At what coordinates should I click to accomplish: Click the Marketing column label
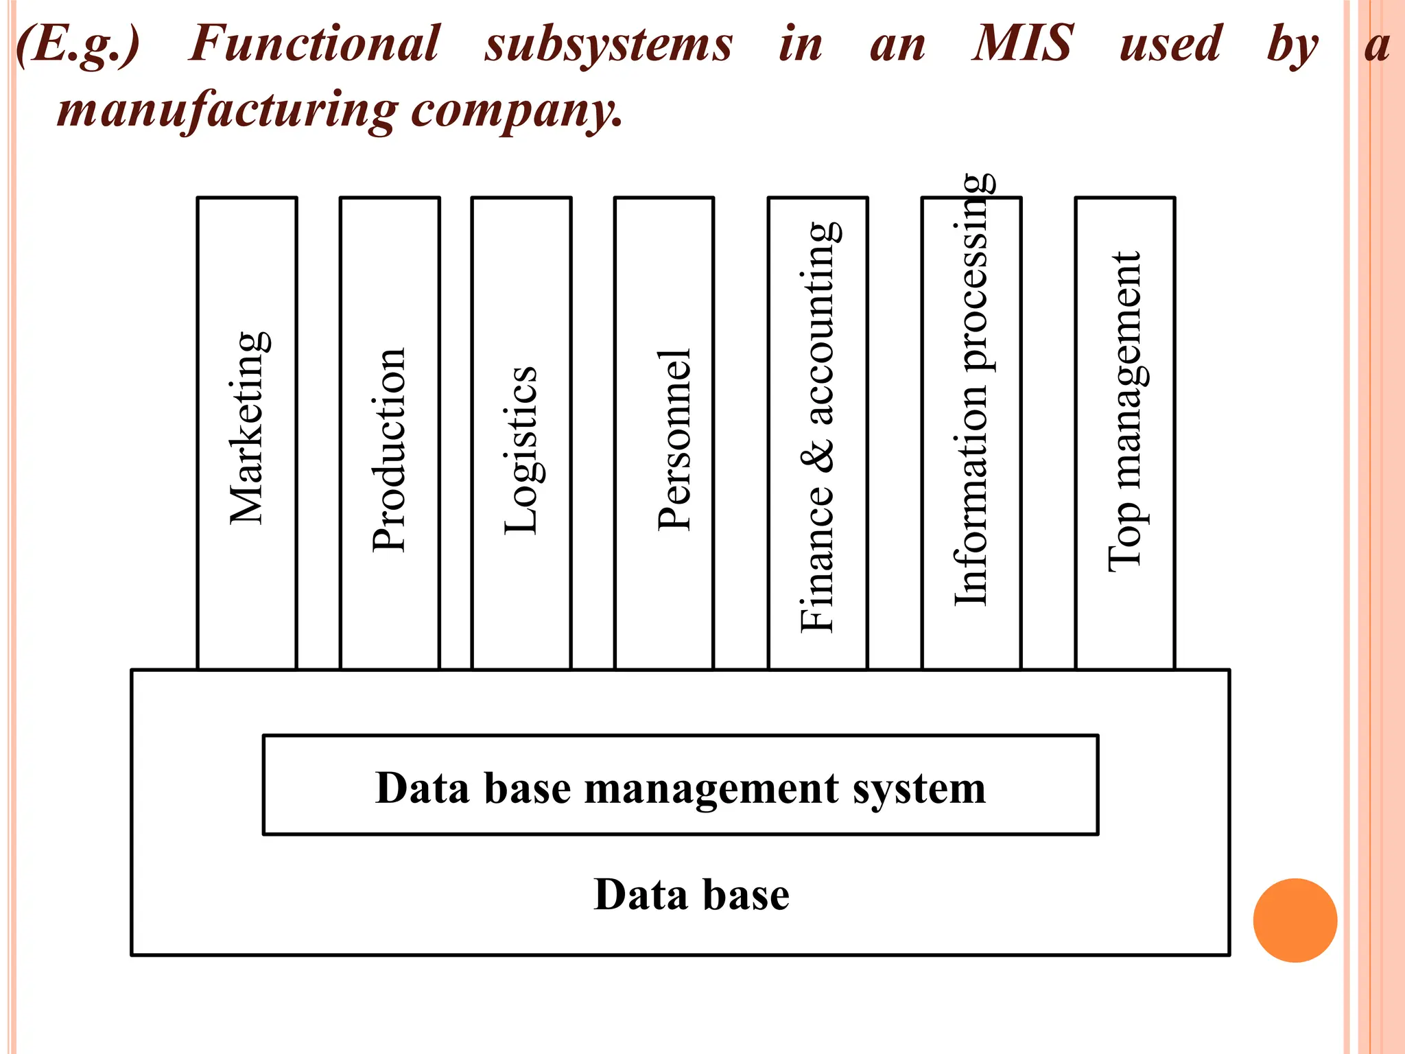[248, 428]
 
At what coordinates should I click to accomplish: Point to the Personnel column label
[675, 439]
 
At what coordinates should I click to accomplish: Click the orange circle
[1295, 920]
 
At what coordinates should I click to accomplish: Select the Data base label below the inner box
[692, 895]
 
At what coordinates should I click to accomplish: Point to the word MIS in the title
[1022, 44]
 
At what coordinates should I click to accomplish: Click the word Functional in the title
[314, 44]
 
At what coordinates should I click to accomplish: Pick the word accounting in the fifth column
[819, 323]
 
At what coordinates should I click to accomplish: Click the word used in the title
[1170, 44]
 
